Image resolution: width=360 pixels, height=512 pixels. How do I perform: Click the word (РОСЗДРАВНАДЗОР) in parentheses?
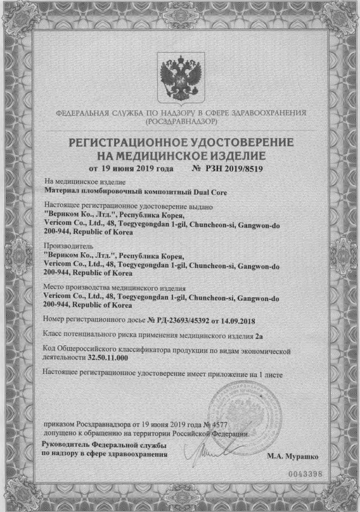tap(181, 120)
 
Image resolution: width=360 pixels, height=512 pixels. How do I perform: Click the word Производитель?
tap(67, 245)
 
